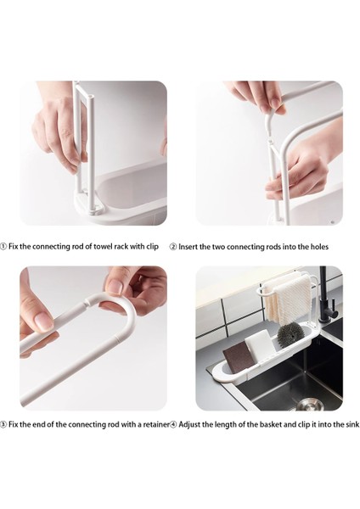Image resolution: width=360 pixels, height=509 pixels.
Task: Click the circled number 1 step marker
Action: point(3,246)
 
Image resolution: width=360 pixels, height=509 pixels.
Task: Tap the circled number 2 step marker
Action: point(173,247)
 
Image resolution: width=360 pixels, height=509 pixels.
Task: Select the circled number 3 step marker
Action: point(3,424)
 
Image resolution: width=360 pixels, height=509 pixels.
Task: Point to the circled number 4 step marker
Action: point(173,424)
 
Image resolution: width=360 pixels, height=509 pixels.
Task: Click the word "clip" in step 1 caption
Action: point(152,246)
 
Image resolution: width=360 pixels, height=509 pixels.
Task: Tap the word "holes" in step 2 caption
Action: point(319,247)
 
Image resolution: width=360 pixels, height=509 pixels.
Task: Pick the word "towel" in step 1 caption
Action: point(103,246)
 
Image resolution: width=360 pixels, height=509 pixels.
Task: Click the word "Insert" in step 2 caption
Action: point(188,247)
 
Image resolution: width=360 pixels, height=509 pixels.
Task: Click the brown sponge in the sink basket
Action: point(238,357)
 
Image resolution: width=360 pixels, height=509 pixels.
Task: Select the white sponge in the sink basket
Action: point(258,344)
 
